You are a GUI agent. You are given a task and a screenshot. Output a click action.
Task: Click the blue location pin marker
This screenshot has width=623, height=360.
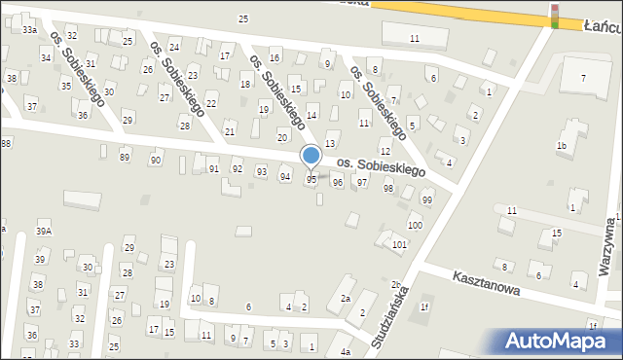[311, 156]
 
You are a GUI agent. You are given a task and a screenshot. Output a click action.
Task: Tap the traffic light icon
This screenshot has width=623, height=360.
[555, 16]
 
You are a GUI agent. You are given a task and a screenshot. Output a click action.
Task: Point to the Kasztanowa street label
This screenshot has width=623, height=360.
[486, 284]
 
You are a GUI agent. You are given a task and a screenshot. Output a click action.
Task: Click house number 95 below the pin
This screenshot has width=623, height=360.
[311, 180]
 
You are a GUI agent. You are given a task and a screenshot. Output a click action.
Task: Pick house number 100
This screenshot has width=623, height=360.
[415, 226]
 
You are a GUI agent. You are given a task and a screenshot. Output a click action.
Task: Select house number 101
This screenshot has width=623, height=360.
[399, 244]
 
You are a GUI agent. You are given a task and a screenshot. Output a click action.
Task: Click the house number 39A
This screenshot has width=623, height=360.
[44, 232]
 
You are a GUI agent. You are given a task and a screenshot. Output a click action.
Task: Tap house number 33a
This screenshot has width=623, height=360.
[30, 31]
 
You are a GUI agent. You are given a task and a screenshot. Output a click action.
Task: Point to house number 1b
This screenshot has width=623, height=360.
[562, 146]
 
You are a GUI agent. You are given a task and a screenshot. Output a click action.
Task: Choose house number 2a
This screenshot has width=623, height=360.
[345, 299]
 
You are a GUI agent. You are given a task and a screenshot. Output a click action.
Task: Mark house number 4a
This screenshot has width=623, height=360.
[345, 352]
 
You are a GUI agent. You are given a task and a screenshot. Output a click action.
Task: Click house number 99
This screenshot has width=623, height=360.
[426, 199]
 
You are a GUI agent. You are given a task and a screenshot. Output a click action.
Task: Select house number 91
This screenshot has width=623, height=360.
[213, 169]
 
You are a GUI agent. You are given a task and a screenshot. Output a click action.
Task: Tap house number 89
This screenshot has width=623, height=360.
[124, 157]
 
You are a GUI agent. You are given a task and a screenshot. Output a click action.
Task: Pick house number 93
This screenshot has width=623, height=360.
[261, 172]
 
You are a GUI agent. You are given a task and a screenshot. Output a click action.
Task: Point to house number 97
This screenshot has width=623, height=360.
[362, 183]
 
